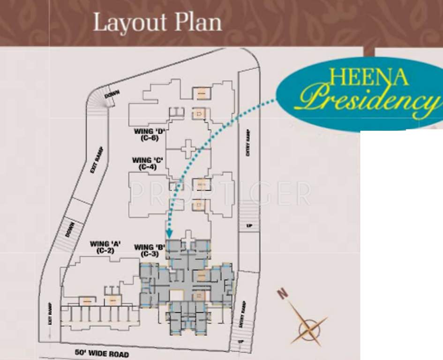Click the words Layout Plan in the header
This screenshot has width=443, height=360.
(157, 22)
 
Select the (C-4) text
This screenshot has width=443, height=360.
(147, 167)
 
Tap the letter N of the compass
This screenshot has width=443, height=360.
(282, 294)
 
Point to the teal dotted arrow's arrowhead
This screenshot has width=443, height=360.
(169, 233)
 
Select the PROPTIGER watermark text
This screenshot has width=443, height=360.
(219, 194)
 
